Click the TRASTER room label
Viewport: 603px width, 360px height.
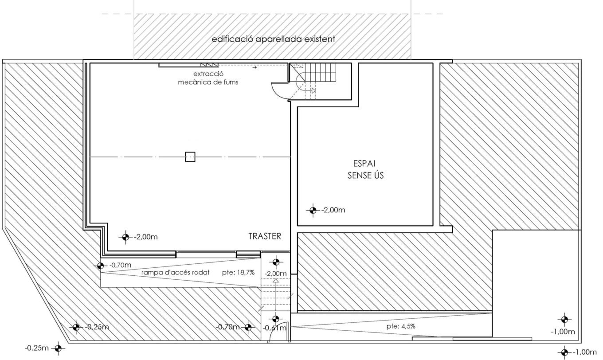[265, 236]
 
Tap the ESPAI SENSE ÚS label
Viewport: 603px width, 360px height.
[365, 169]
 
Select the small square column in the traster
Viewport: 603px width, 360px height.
[190, 157]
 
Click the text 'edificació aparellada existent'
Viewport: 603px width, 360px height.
[273, 39]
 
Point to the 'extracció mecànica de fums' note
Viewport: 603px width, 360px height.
[208, 78]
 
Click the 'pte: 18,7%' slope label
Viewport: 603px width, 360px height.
[238, 273]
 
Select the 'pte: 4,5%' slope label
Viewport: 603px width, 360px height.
[401, 326]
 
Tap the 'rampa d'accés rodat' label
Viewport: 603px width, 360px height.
[175, 273]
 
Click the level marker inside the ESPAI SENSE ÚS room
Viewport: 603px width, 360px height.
[313, 210]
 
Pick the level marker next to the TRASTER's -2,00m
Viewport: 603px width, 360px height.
[125, 237]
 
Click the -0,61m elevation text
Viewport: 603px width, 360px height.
[274, 328]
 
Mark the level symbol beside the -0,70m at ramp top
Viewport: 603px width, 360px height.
[100, 266]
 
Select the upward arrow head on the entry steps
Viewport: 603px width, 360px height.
[276, 281]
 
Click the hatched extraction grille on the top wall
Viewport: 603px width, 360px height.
[210, 65]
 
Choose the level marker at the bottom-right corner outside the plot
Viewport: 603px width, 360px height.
[564, 352]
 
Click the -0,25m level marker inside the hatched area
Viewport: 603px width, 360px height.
[76, 328]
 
